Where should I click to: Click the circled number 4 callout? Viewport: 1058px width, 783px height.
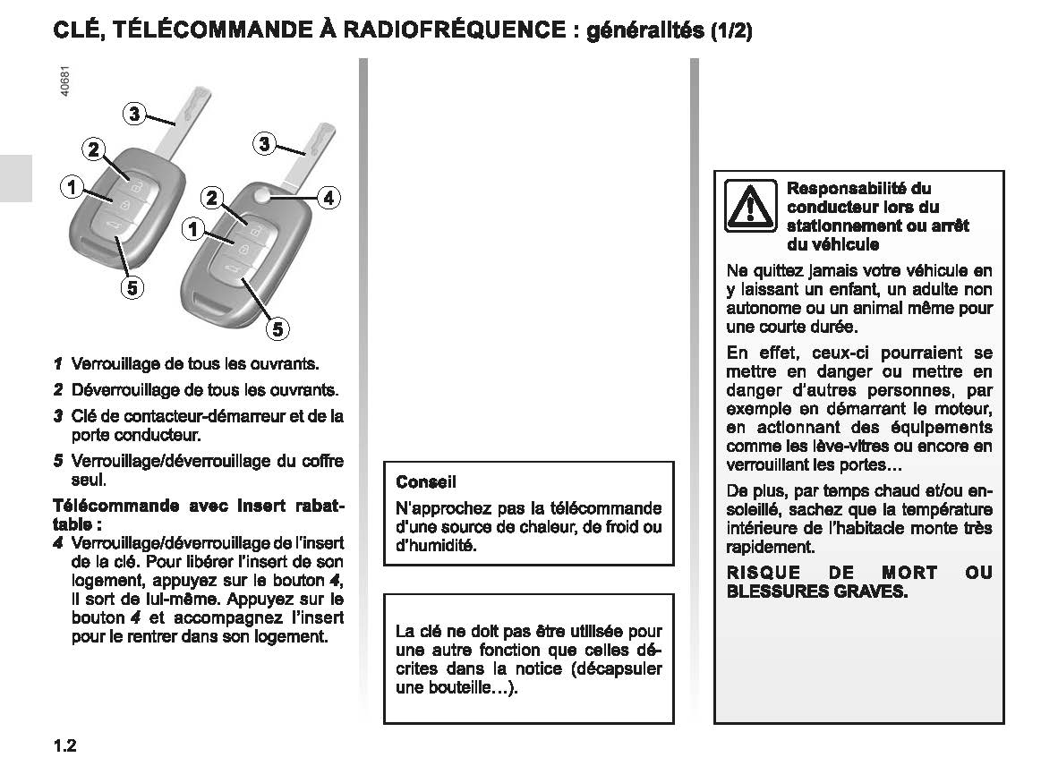328,198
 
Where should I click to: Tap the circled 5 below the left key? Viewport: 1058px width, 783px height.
132,288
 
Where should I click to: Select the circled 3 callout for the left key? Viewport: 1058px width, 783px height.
133,113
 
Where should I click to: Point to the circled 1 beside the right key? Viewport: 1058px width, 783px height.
192,230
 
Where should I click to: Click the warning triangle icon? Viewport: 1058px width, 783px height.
751,207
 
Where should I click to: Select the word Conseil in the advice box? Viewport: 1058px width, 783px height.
426,482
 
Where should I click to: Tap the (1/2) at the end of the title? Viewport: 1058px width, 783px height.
731,32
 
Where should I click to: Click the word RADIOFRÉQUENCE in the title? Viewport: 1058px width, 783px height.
452,30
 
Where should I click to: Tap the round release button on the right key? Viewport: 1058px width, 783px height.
261,196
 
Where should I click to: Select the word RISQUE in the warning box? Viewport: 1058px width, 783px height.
757,573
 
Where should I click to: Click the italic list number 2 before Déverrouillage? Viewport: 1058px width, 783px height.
57,390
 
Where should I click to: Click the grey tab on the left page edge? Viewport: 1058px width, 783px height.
15,177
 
